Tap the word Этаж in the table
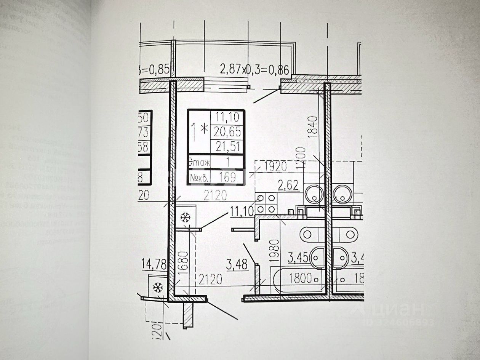(199, 163)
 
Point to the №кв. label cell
(199, 177)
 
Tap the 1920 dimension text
(275, 166)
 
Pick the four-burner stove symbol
(266, 203)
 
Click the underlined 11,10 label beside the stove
(242, 210)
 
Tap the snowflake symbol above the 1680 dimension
(186, 218)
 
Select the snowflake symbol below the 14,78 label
(158, 288)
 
